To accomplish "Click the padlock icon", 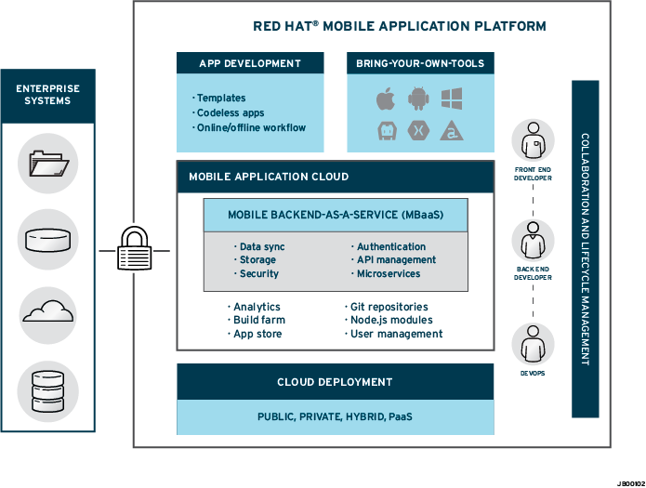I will click(x=134, y=249).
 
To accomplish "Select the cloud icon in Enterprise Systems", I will click(x=47, y=310).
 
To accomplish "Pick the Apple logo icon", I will click(x=385, y=98).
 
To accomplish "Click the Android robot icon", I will click(x=418, y=98).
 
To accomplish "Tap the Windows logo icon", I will click(x=452, y=98).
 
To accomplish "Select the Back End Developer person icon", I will click(x=534, y=243).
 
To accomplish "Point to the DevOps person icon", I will click(x=534, y=344).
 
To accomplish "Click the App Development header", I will click(x=250, y=64).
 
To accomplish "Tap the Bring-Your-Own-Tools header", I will click(x=420, y=64).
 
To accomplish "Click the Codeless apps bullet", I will click(x=231, y=112).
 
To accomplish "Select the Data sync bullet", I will click(x=261, y=247).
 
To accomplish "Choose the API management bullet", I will click(x=396, y=260).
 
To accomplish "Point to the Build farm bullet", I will click(x=258, y=320).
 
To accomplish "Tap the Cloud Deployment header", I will click(x=335, y=382).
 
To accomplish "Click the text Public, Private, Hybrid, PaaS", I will click(x=335, y=417).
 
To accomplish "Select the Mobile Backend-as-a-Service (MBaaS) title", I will click(x=336, y=215).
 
